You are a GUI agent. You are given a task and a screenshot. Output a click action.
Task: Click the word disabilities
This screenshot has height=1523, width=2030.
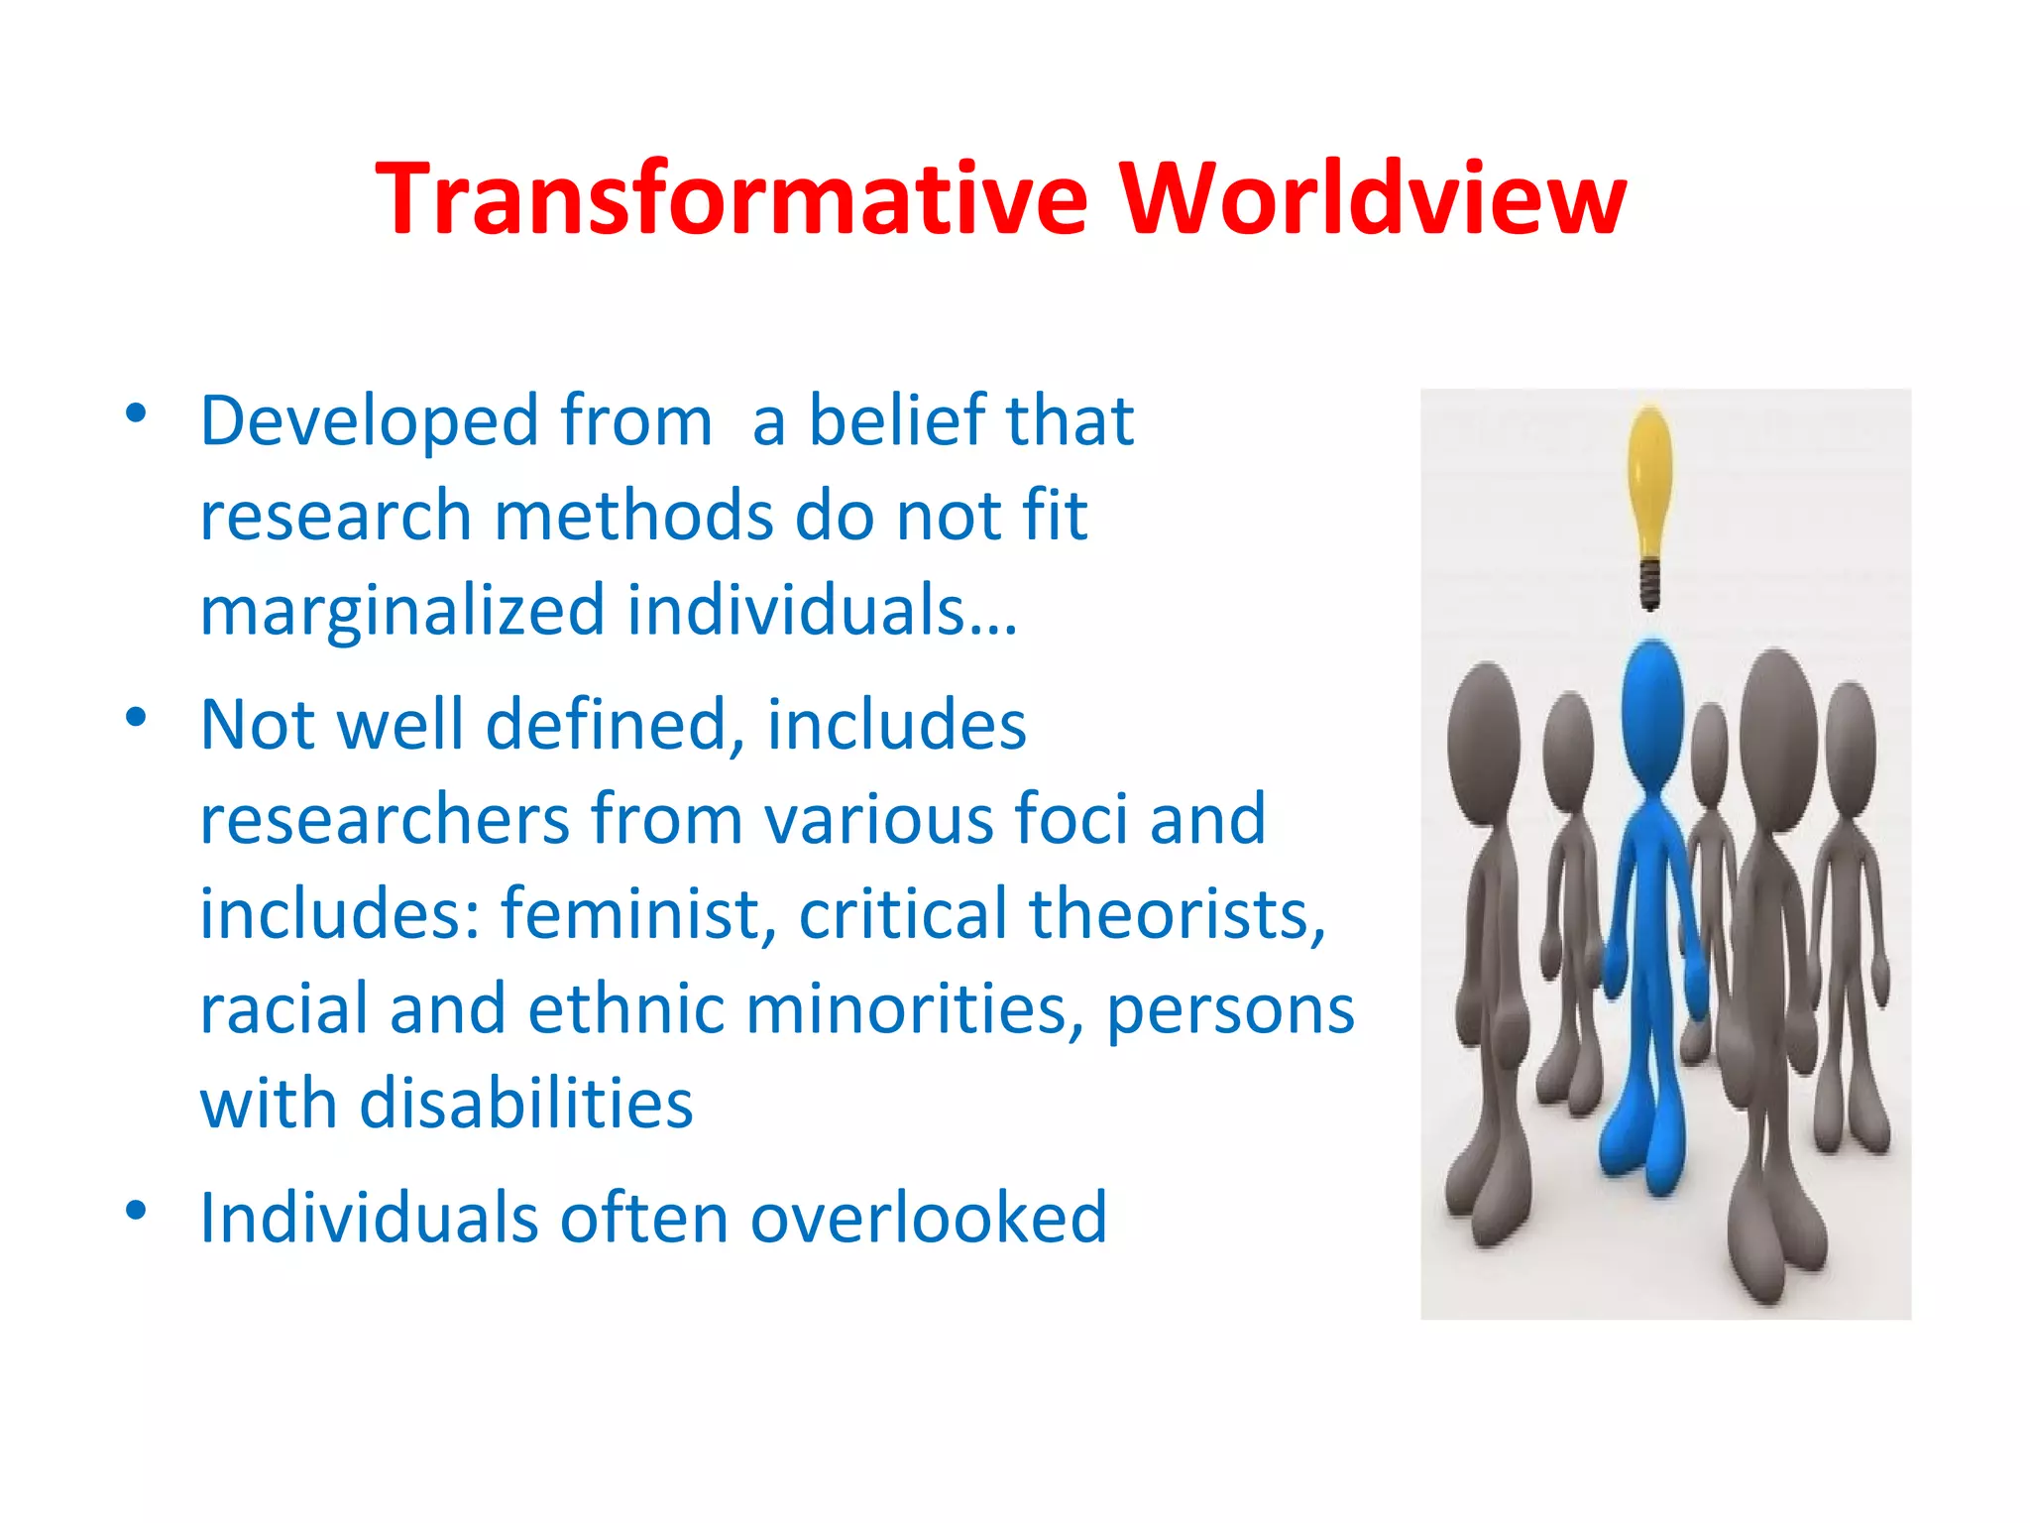pos(525,1103)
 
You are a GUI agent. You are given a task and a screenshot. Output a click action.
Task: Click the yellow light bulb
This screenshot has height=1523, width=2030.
pos(1650,476)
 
